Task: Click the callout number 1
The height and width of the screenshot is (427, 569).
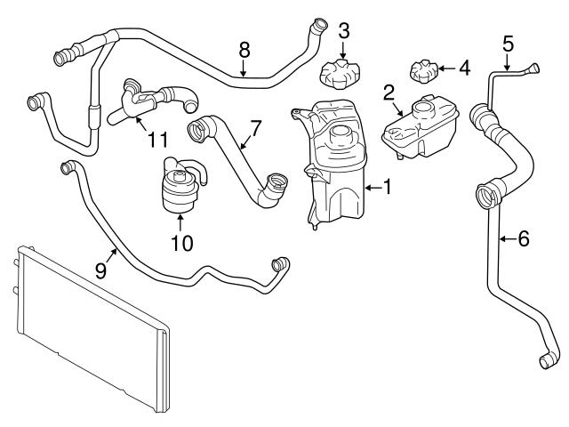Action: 388,188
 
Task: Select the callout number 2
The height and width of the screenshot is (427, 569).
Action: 389,93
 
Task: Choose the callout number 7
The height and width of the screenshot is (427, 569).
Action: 255,127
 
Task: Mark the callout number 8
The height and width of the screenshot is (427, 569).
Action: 244,50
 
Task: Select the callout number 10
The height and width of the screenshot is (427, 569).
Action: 180,241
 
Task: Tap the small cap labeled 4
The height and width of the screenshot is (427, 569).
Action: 423,68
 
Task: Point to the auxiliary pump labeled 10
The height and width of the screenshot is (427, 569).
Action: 180,187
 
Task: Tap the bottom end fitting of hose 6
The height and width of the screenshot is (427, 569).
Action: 545,359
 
